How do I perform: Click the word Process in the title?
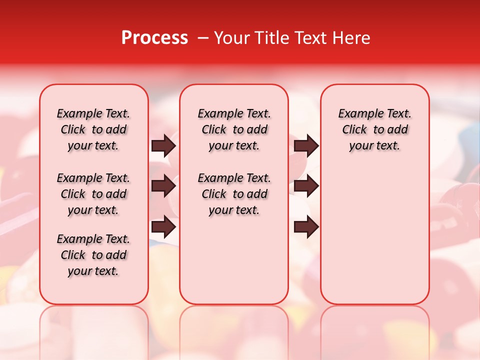click(x=154, y=38)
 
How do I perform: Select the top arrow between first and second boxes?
click(x=163, y=145)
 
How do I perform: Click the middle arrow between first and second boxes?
click(x=163, y=186)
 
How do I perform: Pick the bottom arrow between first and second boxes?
click(x=163, y=227)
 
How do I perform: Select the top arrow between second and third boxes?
click(x=306, y=145)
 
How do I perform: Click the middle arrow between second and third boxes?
click(x=306, y=186)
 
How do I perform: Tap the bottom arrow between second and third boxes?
click(x=306, y=227)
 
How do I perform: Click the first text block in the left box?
click(x=93, y=129)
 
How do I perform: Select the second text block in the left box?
click(x=93, y=194)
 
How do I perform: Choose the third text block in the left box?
click(x=93, y=255)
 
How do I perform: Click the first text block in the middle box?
click(x=234, y=129)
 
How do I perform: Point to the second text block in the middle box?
click(x=234, y=194)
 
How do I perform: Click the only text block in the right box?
click(x=375, y=129)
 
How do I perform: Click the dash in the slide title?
click(x=202, y=38)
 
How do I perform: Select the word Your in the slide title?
click(x=232, y=38)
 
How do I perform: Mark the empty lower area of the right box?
click(x=375, y=235)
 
